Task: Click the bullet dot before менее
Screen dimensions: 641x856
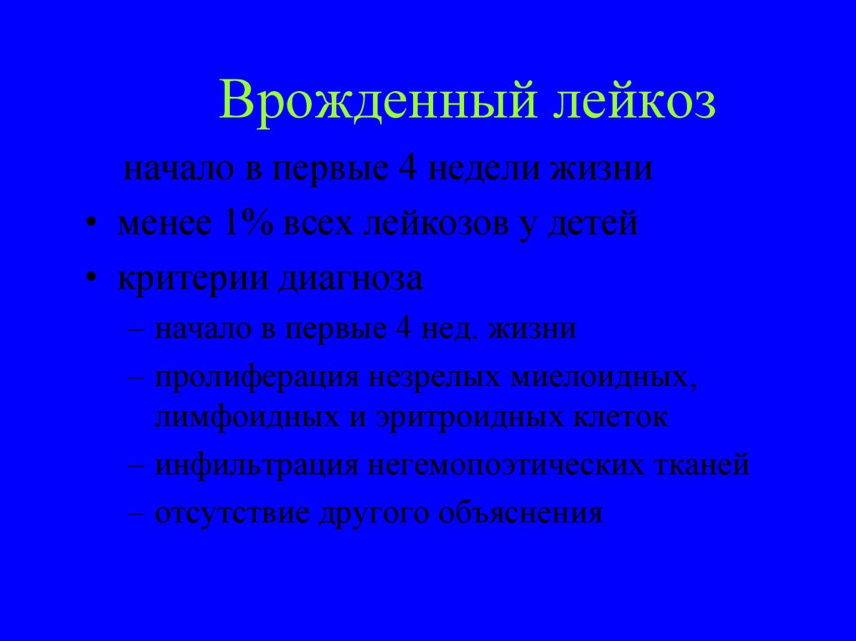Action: [90, 226]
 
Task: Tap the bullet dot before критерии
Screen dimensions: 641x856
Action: [90, 281]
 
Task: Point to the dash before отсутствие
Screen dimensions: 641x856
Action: [139, 511]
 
